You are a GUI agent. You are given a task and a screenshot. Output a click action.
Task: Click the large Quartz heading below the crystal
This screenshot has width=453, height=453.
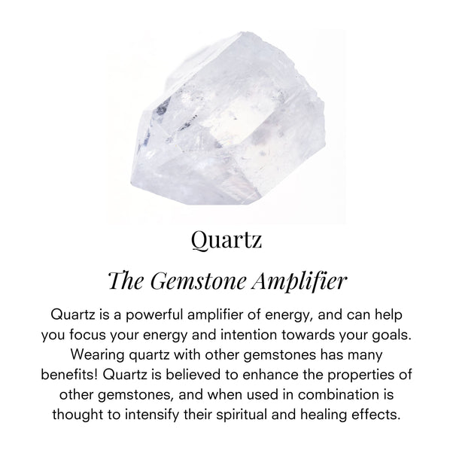tap(226, 240)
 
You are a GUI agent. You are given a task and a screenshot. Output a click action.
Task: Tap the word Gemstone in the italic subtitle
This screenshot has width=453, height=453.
tap(198, 281)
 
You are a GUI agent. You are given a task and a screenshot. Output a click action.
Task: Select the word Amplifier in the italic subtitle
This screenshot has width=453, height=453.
tap(299, 281)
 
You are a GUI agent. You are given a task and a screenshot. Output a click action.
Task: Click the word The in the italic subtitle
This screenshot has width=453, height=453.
tap(126, 281)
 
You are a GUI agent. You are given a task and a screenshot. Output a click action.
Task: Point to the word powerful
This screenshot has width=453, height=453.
tap(154, 315)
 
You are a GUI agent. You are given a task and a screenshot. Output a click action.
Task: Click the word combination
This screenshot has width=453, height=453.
tap(337, 394)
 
